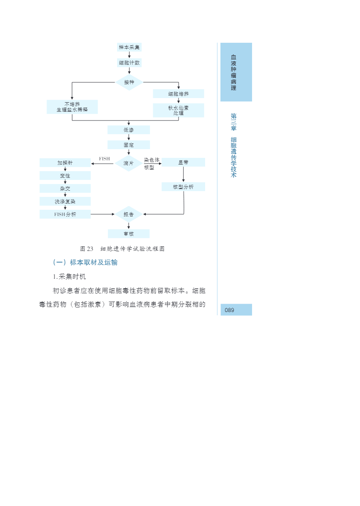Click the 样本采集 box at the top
point(129,47)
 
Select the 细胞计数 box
point(129,63)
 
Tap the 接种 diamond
point(129,82)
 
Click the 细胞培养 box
point(179,94)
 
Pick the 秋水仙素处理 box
point(179,110)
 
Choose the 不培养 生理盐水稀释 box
point(72,107)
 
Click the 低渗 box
point(129,130)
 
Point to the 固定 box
point(129,145)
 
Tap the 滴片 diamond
point(129,163)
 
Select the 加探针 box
point(65,163)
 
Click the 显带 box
point(183,162)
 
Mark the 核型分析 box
point(183,187)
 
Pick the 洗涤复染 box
point(65,201)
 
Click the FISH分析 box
point(65,214)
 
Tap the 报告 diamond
point(129,214)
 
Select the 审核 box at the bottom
point(129,234)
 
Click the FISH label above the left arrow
point(105,159)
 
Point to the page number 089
point(230,310)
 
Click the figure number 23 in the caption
point(90,249)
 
